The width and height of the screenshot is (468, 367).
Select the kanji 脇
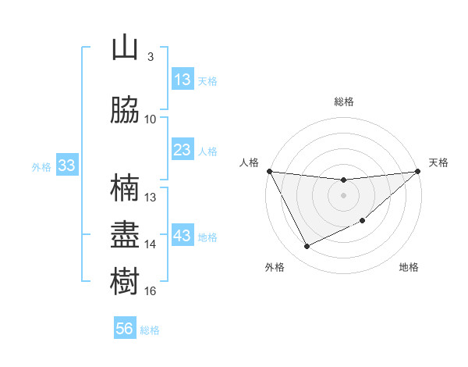[125, 109]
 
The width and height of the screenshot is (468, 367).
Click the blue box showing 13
[183, 79]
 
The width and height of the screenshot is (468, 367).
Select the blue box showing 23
[183, 149]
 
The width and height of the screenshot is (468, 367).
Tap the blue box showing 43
[183, 236]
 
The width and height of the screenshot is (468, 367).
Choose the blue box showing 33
[66, 166]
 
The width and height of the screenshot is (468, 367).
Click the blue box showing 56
[125, 329]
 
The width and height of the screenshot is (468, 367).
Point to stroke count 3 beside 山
[150, 56]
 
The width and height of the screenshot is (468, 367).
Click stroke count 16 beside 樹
[150, 291]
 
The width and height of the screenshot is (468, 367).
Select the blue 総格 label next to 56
[150, 330]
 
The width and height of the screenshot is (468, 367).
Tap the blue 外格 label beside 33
[41, 166]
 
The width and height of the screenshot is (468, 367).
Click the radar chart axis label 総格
[343, 102]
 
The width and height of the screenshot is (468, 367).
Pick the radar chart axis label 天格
[438, 162]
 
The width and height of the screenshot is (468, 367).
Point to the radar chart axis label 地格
[409, 267]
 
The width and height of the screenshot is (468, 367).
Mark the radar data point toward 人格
[269, 171]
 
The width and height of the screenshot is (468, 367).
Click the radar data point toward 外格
[307, 247]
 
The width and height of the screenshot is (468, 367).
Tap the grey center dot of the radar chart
[343, 194]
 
